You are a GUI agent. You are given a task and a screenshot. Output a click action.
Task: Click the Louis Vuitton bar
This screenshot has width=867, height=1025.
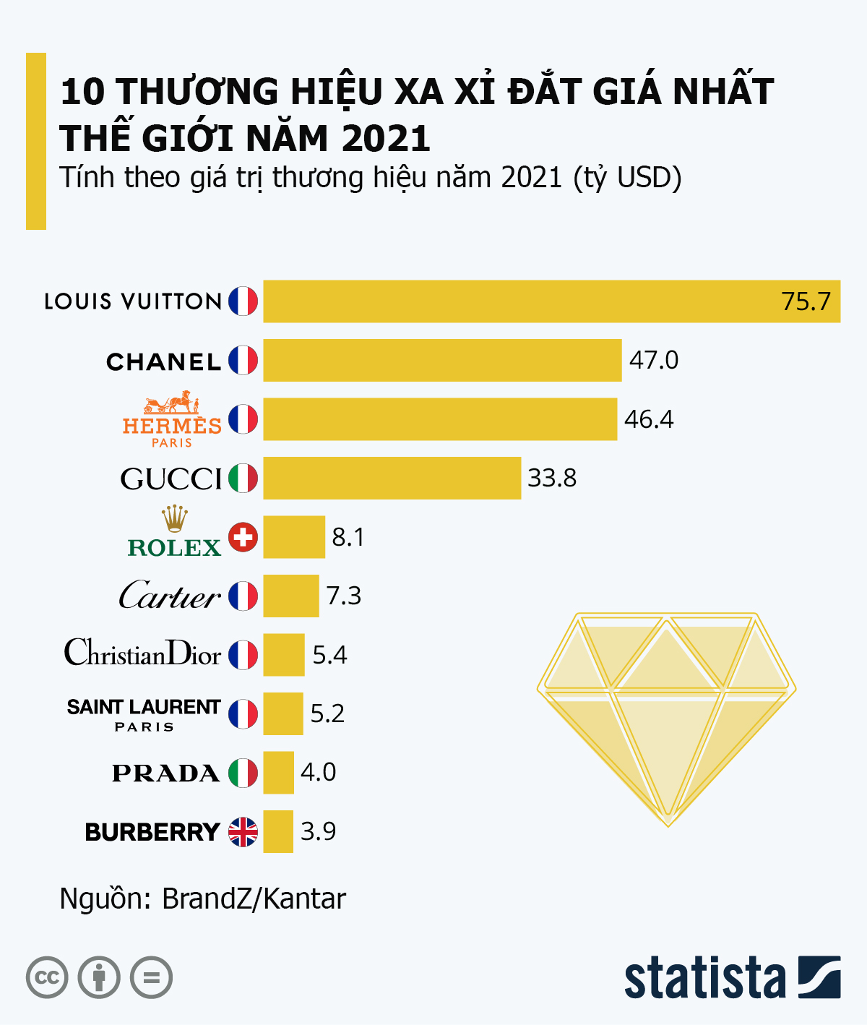551,301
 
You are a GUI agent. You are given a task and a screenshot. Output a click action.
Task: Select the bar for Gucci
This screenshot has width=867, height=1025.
392,478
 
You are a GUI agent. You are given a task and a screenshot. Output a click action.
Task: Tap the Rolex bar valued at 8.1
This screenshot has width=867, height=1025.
294,537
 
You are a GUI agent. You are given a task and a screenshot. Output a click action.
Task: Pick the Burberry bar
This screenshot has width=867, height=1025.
278,832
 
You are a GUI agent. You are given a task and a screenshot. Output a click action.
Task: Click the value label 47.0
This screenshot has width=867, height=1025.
654,360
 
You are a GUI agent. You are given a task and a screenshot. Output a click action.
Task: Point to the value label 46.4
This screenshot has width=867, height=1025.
649,419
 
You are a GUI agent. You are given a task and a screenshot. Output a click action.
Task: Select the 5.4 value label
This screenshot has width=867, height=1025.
329,655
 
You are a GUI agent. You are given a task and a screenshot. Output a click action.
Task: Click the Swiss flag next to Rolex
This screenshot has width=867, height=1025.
243,537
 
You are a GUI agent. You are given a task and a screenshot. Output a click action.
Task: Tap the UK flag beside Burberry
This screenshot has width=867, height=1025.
243,832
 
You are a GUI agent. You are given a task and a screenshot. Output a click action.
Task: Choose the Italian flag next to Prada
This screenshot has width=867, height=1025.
243,773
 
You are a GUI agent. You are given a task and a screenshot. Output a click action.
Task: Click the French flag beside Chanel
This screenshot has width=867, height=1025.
243,360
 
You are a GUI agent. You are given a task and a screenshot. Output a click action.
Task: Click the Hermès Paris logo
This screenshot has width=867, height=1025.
172,421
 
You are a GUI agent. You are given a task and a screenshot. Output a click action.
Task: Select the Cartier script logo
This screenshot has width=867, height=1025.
170,596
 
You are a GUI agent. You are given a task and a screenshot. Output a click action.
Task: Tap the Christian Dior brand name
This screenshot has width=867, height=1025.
143,653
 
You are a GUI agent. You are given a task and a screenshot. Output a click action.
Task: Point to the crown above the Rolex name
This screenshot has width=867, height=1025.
175,519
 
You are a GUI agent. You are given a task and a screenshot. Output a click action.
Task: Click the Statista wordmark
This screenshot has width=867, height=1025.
705,979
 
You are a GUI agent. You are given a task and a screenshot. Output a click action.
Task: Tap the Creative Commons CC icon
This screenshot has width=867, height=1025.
47,978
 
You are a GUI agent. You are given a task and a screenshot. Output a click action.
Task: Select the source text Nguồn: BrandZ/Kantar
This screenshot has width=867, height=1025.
203,899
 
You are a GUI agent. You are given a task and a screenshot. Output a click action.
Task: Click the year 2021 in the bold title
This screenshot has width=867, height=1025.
387,138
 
